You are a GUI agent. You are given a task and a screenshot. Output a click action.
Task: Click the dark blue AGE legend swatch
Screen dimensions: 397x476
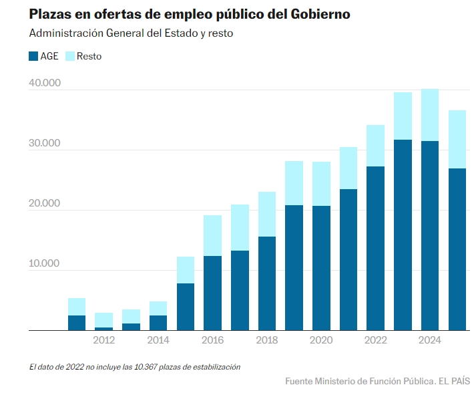(x=33, y=56)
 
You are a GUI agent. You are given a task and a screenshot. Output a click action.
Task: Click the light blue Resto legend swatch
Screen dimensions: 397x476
(x=70, y=56)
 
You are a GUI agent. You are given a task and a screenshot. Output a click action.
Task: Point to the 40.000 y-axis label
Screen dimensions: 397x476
(x=45, y=84)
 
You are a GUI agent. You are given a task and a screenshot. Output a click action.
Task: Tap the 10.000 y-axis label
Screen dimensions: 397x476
(x=45, y=264)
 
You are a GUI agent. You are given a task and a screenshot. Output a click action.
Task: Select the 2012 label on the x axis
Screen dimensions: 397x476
(x=103, y=340)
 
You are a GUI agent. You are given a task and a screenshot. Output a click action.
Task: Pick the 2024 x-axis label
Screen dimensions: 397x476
(x=430, y=340)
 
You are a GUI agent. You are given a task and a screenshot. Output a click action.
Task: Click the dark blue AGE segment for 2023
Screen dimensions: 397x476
(x=403, y=235)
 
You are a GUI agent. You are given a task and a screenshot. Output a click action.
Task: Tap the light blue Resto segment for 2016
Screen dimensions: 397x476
(x=212, y=235)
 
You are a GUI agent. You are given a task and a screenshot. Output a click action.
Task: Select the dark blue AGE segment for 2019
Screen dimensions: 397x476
(x=294, y=267)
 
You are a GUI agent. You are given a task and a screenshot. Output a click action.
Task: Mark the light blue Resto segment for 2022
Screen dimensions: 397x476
(x=375, y=145)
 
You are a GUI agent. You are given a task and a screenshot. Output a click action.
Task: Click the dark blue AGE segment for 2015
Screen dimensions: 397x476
(x=185, y=307)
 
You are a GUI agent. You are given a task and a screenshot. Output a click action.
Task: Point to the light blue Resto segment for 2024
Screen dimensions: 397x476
(x=430, y=115)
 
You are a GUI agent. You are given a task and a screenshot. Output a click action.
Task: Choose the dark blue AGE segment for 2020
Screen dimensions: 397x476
(x=321, y=268)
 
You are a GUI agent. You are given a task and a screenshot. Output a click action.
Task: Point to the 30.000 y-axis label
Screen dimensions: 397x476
(x=45, y=144)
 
